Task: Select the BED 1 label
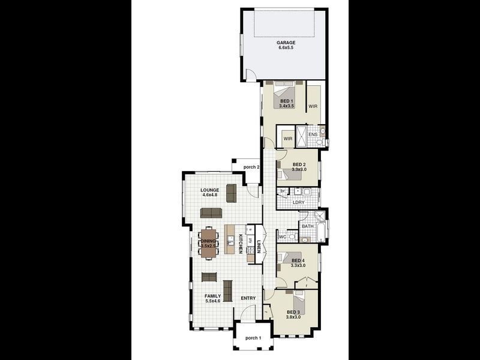[286, 101]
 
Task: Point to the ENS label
[313, 134]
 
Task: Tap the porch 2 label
[251, 167]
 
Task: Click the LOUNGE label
[209, 190]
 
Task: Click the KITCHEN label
[241, 244]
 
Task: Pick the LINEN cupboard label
[259, 247]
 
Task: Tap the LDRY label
[298, 203]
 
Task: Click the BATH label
[307, 226]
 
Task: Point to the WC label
[282, 238]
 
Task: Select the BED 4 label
[298, 260]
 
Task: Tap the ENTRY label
[248, 298]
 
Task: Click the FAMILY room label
[212, 296]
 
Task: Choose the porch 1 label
[253, 338]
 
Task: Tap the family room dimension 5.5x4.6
[213, 301]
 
